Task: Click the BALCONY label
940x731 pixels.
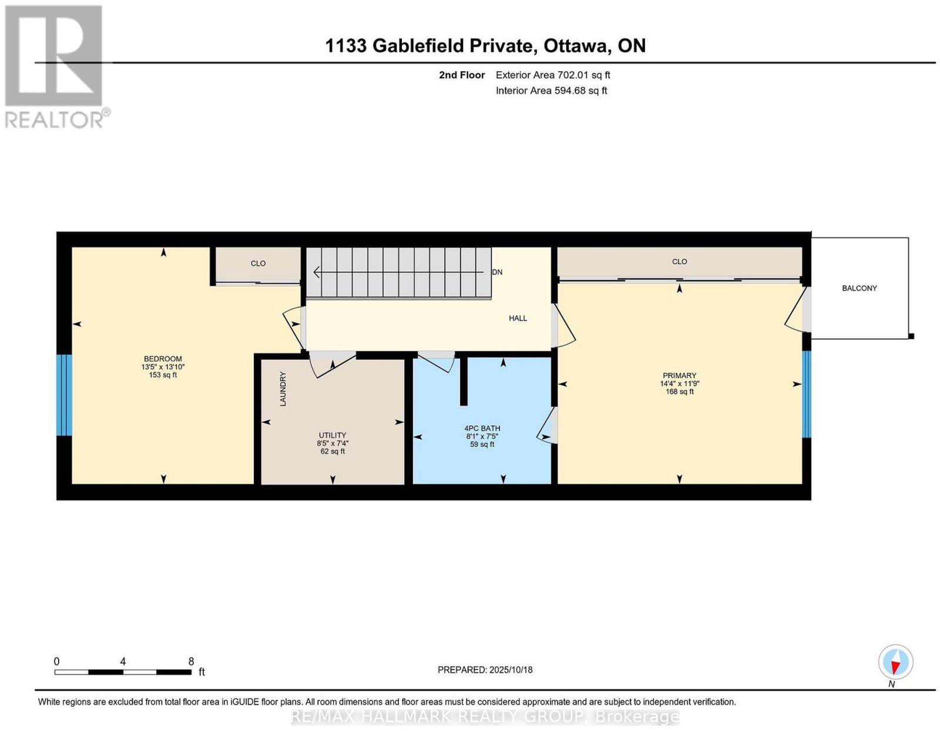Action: click(859, 288)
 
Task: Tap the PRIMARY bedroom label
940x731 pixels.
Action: click(679, 375)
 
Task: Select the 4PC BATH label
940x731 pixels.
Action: click(482, 429)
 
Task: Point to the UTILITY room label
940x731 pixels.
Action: click(332, 435)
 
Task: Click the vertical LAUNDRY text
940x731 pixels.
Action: click(283, 389)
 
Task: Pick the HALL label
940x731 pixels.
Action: click(518, 318)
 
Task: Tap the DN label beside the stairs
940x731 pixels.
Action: click(497, 272)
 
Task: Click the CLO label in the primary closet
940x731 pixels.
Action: click(679, 262)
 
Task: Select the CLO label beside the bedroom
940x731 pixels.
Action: click(258, 263)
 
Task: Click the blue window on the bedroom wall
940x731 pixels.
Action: click(64, 395)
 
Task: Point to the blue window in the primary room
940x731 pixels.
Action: click(806, 394)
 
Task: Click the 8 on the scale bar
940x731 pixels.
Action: click(191, 662)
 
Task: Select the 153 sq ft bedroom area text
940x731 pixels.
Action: click(163, 375)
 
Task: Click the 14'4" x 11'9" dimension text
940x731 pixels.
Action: click(679, 383)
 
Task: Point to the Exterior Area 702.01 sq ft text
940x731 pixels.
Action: click(552, 75)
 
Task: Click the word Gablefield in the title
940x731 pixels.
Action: click(452, 45)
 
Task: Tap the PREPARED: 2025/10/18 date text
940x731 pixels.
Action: click(485, 669)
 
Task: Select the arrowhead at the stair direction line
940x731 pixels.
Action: click(316, 272)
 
